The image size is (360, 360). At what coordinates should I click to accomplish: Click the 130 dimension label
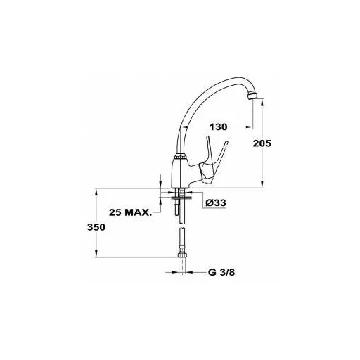coord(218,127)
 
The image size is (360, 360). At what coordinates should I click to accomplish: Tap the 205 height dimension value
coord(262,143)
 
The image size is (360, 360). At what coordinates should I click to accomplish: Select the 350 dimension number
coord(96,227)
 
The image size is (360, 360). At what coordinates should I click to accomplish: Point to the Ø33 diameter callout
coord(216,202)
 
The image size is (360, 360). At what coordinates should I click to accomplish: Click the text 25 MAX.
coord(130,212)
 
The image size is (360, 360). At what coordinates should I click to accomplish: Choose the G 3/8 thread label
coord(221,272)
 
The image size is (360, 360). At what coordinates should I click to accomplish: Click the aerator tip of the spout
coord(252,96)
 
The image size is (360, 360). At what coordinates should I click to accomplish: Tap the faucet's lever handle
coord(212,162)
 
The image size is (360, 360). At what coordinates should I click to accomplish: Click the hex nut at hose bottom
coord(182,255)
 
